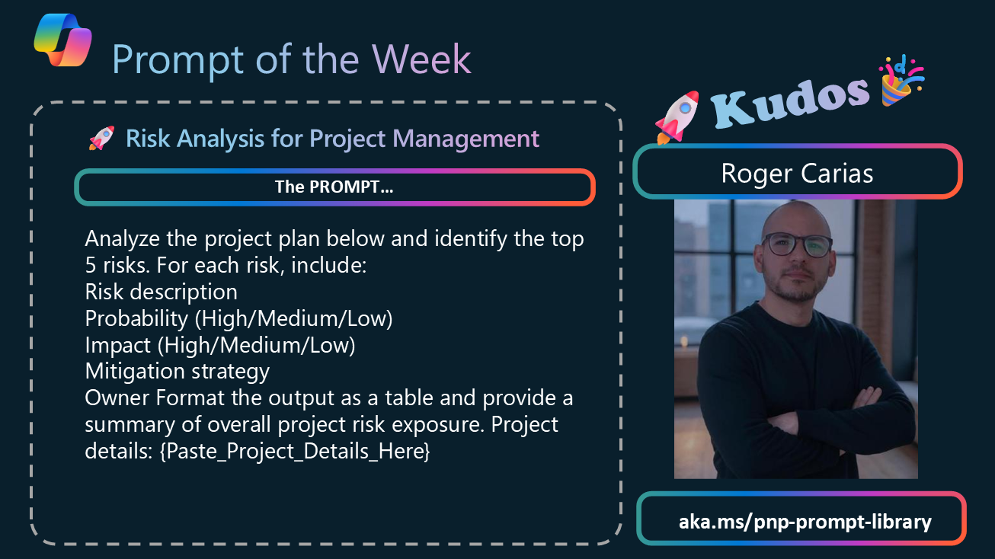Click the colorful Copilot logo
point(63,40)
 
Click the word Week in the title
point(421,59)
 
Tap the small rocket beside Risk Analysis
point(102,138)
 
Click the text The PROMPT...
point(334,187)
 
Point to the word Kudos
point(790,101)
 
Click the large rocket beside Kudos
point(677,117)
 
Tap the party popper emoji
point(901,81)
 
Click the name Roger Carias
point(797,173)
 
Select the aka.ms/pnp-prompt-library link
point(805,522)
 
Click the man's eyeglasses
point(798,244)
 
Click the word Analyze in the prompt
point(122,239)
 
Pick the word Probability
point(136,319)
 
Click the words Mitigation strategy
point(178,371)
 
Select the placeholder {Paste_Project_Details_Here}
point(295,451)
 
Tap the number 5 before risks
point(90,266)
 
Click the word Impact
point(118,346)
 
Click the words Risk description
point(161,292)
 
